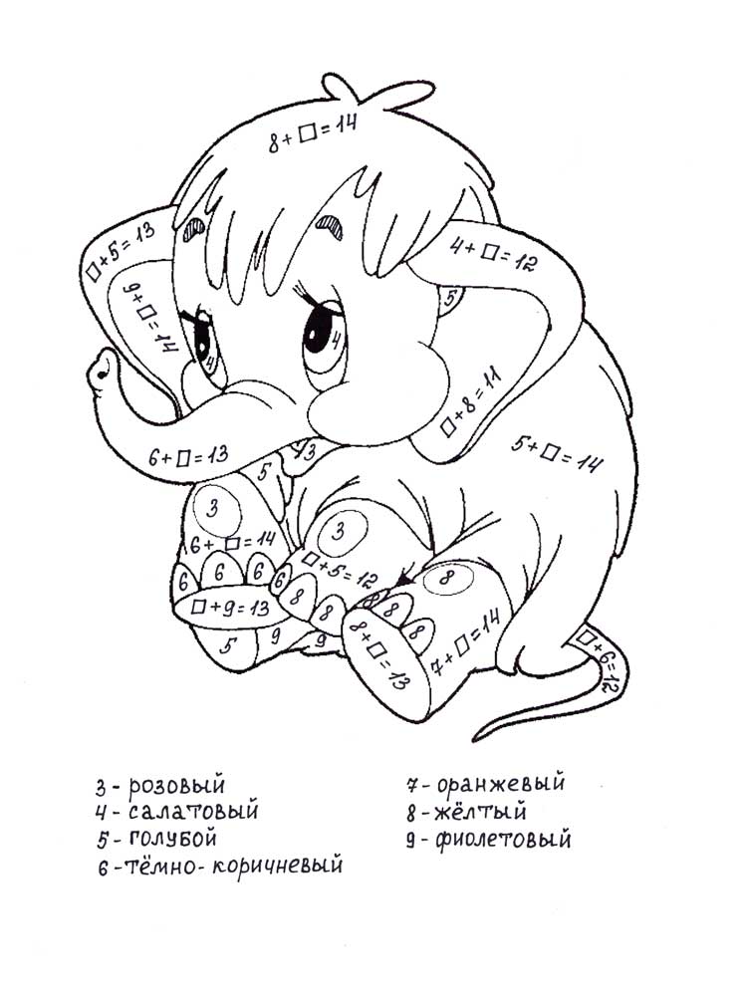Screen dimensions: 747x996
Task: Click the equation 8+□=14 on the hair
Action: [x=313, y=132]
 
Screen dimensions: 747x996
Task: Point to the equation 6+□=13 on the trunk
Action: [x=188, y=456]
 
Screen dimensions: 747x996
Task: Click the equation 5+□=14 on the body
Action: [x=557, y=455]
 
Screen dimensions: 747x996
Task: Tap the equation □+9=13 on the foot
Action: [x=231, y=608]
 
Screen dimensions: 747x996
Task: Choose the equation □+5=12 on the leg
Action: [x=340, y=569]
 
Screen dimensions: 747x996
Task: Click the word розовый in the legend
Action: [x=177, y=786]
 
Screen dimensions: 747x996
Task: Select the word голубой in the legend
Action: [x=173, y=839]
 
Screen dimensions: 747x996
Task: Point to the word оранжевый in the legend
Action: [x=501, y=782]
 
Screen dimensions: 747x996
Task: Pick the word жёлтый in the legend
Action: [x=480, y=811]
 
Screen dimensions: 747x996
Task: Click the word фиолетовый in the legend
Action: [x=503, y=840]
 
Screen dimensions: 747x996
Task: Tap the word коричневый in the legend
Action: [x=277, y=866]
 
